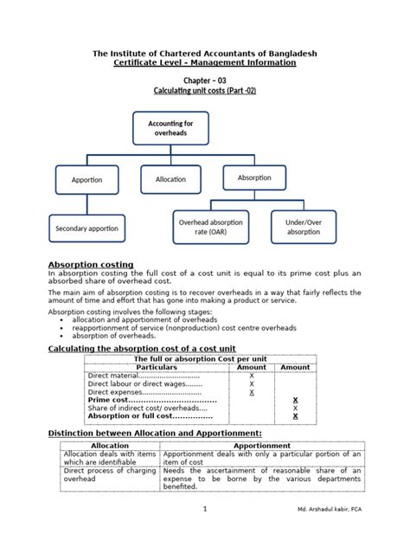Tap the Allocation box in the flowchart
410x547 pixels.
(x=170, y=179)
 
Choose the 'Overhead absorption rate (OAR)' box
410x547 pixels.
(x=210, y=227)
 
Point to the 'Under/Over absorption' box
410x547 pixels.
(x=303, y=227)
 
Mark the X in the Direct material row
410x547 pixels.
(x=252, y=376)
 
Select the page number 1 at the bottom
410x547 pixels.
(x=205, y=533)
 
